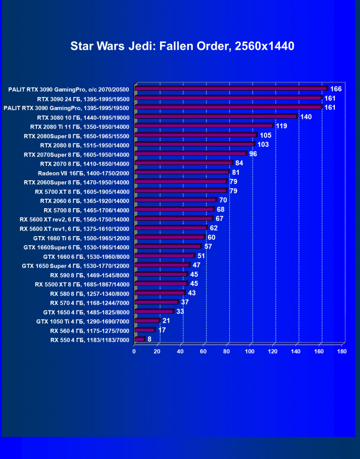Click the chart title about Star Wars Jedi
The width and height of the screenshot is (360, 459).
coord(182,46)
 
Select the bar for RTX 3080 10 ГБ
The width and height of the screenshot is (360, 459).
coord(216,116)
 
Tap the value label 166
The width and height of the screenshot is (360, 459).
coord(336,88)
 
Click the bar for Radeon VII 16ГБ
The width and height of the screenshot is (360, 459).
coord(182,172)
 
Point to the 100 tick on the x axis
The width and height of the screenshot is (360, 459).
coord(250,352)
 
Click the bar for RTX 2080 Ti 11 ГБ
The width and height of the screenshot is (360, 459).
coord(204,126)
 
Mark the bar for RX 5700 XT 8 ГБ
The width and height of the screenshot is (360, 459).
coord(180,191)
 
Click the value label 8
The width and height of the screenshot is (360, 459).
coord(150,339)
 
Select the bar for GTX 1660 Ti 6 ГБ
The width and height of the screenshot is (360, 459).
coord(170,238)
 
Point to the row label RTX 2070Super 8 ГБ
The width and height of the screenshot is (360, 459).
coord(76,154)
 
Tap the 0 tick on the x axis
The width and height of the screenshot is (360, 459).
coord(134,352)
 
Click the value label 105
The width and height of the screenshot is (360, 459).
coord(265,135)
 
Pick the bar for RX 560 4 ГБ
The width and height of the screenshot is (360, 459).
coord(144,330)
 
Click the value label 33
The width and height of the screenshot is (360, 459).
coord(180,311)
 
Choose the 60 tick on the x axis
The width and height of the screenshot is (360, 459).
coord(204,352)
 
